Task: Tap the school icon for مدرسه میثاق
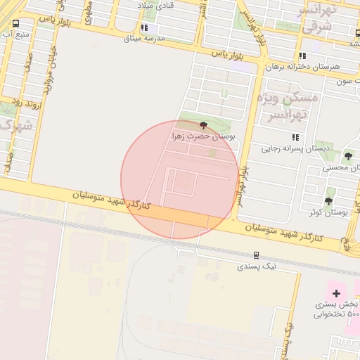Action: [x=144, y=27]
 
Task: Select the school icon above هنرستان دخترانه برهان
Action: [x=302, y=56]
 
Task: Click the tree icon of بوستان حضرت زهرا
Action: [x=204, y=124]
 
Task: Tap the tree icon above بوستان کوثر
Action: [x=329, y=182]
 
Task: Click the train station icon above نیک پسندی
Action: [x=257, y=256]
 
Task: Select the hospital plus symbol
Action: [x=336, y=292]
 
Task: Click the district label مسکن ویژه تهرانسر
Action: [x=288, y=105]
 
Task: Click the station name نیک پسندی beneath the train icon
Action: [x=257, y=266]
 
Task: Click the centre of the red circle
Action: [x=179, y=179]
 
